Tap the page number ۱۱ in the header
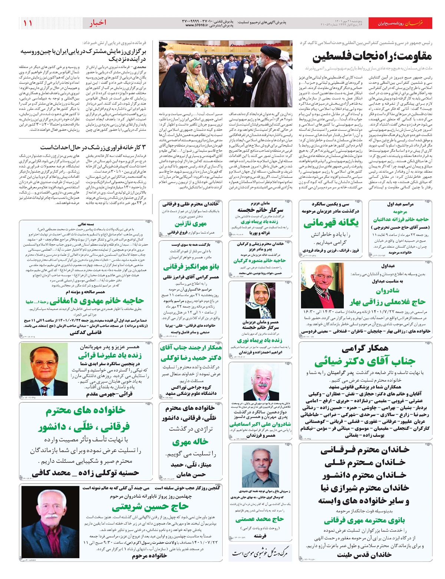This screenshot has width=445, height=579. [x=28, y=23]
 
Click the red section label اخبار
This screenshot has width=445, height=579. [x=98, y=23]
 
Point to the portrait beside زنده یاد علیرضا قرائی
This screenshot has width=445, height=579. [x=44, y=369]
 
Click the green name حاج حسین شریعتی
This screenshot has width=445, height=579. [x=150, y=506]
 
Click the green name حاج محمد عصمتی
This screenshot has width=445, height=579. [x=260, y=519]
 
